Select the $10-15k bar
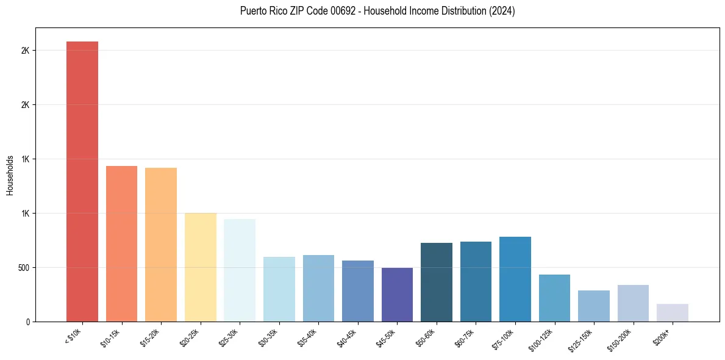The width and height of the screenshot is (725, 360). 121,243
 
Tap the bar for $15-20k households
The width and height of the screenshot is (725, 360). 161,245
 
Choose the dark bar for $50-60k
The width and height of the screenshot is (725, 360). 437,282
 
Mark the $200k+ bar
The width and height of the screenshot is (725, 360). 673,312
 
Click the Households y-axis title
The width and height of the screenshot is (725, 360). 10,175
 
